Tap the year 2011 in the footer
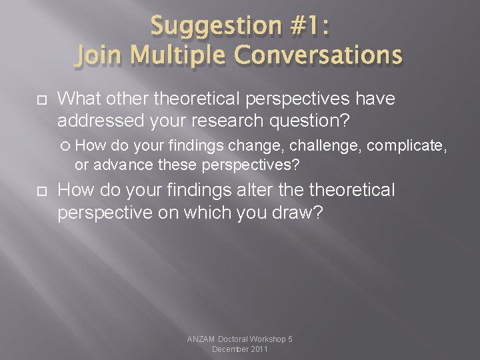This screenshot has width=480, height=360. (x=257, y=349)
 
